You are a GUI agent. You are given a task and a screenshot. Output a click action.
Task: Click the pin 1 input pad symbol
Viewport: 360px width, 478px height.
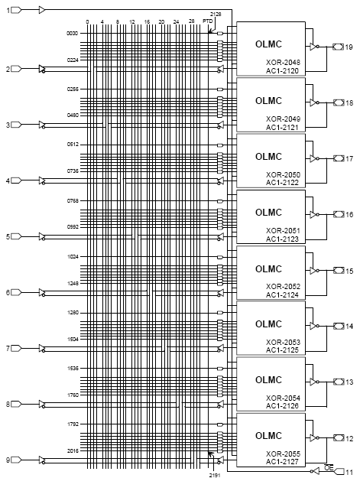16,10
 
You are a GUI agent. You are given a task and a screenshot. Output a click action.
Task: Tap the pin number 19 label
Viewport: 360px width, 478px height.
349,47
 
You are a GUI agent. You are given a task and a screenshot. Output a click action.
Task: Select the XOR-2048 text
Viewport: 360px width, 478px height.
283,63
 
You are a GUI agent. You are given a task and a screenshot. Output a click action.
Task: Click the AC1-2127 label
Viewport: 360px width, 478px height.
282,461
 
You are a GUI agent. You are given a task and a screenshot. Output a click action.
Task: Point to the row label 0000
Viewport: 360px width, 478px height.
72,34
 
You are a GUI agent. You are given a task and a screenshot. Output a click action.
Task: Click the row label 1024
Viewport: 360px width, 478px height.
73,257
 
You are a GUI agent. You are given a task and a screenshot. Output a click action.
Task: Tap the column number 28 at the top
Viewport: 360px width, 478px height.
191,21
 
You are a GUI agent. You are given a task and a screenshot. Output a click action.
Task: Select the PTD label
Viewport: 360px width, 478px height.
208,21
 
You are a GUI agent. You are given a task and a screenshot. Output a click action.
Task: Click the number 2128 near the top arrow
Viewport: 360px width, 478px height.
216,14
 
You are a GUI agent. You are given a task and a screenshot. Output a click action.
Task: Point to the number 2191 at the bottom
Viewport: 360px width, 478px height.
215,475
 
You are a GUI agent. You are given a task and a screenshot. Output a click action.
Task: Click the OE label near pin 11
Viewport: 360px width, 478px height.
329,467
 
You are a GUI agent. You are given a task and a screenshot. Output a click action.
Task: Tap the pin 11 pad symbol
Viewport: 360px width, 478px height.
339,472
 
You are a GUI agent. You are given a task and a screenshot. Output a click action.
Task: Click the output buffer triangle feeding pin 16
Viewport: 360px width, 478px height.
313,215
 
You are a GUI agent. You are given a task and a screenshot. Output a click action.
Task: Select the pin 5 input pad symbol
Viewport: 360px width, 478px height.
16,236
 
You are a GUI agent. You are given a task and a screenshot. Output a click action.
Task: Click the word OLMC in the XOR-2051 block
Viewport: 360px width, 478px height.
268,213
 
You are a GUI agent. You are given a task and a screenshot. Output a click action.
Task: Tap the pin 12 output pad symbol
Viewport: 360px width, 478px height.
339,438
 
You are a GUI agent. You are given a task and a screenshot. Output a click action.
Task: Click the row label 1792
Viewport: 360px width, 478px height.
73,424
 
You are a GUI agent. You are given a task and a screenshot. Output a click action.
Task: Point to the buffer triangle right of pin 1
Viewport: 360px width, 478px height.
42,10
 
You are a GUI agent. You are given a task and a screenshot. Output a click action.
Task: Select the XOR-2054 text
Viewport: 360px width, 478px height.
283,398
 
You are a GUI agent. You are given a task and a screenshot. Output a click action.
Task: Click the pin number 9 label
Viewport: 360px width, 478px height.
8,460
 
